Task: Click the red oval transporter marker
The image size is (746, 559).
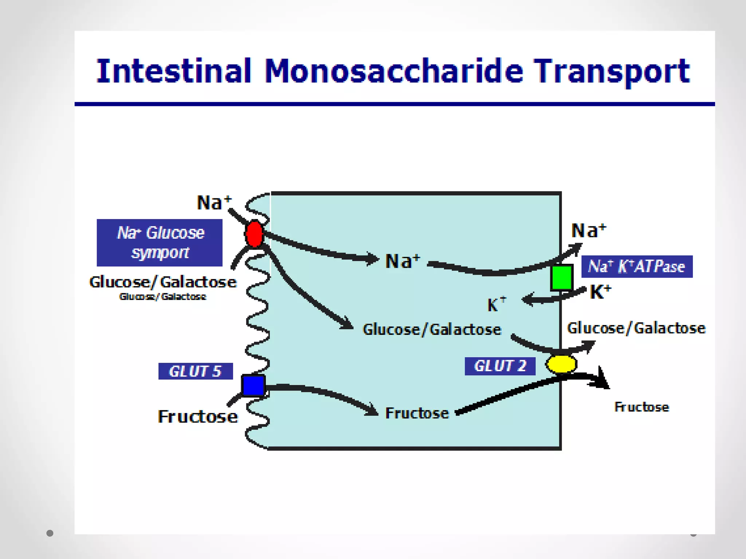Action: pyautogui.click(x=254, y=234)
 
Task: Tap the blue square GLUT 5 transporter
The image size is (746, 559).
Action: pyautogui.click(x=253, y=386)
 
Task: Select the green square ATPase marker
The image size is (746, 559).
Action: pyautogui.click(x=561, y=278)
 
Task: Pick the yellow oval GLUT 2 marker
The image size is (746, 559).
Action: pyautogui.click(x=561, y=364)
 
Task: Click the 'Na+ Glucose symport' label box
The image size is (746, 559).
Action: pyautogui.click(x=160, y=242)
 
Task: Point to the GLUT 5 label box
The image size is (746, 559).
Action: pyautogui.click(x=195, y=371)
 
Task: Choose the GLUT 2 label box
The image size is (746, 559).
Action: pyautogui.click(x=500, y=366)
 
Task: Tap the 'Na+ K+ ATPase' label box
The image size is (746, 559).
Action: pyautogui.click(x=636, y=266)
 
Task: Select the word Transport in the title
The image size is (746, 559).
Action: pyautogui.click(x=612, y=71)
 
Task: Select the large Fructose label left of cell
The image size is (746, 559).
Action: pyautogui.click(x=197, y=416)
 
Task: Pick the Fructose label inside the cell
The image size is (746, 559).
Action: pyautogui.click(x=417, y=413)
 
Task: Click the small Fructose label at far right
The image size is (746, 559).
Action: pyautogui.click(x=641, y=407)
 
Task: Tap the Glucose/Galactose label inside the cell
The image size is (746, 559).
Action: pyautogui.click(x=432, y=329)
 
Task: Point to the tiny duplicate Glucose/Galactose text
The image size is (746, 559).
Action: pyautogui.click(x=162, y=297)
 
